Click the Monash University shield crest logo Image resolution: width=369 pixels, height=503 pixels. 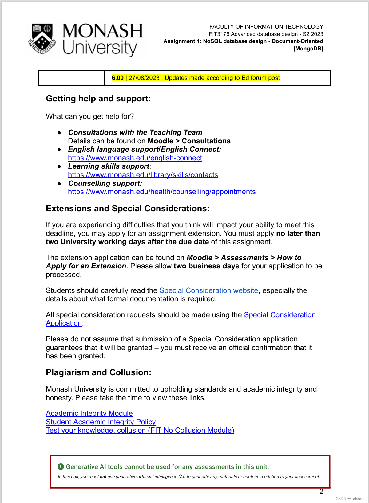click(x=42, y=39)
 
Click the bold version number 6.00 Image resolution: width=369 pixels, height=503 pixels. click(x=117, y=78)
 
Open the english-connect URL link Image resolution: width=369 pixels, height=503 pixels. click(x=135, y=158)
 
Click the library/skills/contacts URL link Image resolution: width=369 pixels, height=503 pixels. click(x=143, y=175)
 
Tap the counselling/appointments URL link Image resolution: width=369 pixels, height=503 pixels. click(x=162, y=192)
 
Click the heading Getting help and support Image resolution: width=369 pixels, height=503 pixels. click(x=98, y=99)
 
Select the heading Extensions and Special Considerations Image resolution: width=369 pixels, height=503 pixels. click(x=127, y=209)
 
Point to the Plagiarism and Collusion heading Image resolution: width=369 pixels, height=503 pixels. click(x=98, y=372)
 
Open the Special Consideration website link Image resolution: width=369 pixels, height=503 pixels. click(x=208, y=290)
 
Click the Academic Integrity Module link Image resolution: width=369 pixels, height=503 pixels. click(x=89, y=413)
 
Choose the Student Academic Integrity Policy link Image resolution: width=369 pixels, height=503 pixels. click(x=101, y=422)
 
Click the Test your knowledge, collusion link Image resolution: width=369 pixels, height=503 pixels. click(x=140, y=431)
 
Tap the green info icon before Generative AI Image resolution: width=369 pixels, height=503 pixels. click(x=61, y=467)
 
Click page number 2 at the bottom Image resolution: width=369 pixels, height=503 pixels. click(x=321, y=492)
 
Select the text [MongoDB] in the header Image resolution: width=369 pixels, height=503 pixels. click(x=308, y=49)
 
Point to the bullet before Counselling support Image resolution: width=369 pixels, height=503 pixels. click(x=59, y=184)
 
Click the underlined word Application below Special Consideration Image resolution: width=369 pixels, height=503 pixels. click(x=64, y=323)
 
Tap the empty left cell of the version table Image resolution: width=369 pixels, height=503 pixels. click(x=72, y=78)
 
